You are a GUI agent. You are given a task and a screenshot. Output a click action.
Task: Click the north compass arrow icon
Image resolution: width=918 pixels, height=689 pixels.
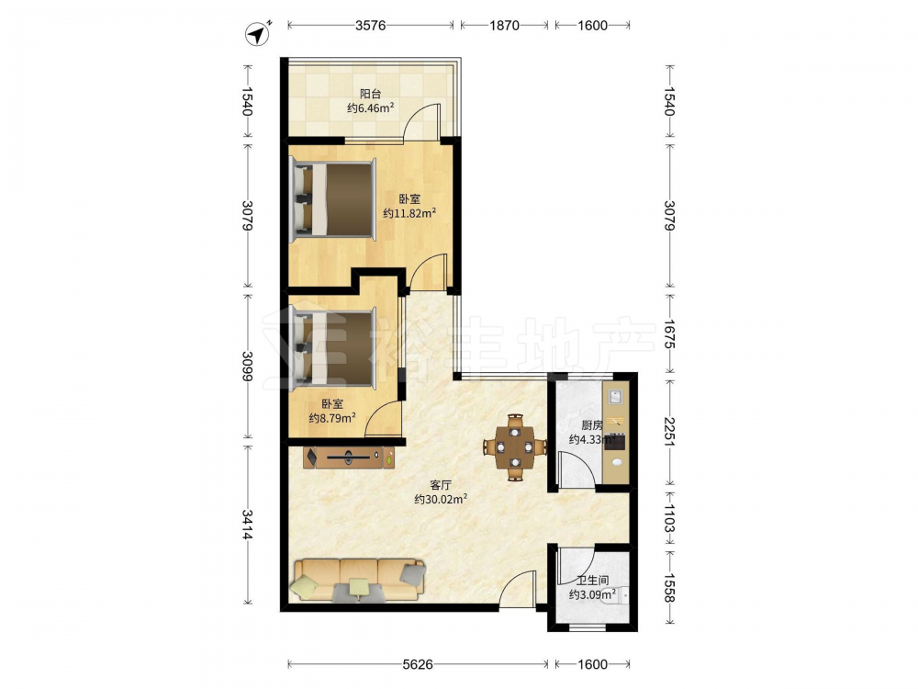[257, 33]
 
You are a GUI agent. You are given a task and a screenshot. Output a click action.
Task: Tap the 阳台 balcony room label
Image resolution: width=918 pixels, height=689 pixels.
[370, 94]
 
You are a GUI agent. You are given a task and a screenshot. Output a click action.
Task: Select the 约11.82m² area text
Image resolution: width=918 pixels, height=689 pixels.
[409, 214]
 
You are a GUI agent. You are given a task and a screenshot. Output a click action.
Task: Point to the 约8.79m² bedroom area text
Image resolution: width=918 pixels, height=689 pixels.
[332, 418]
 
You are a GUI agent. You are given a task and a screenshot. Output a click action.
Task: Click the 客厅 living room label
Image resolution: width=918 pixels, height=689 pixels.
[441, 485]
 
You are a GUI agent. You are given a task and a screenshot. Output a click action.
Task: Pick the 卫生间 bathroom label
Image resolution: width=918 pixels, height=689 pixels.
[592, 581]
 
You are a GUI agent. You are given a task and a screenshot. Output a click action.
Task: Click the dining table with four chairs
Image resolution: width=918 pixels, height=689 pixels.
[515, 447]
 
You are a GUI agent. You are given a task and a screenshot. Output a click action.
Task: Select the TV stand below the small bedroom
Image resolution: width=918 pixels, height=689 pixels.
[350, 457]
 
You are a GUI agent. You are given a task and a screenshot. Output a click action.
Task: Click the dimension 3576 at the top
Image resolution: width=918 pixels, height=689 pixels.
[370, 25]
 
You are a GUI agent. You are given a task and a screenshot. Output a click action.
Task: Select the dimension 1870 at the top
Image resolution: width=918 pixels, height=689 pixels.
[504, 25]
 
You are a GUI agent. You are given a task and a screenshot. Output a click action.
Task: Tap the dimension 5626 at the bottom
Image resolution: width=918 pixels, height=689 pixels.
[418, 664]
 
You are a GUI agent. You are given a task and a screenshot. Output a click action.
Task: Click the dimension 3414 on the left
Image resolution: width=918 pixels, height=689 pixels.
[248, 525]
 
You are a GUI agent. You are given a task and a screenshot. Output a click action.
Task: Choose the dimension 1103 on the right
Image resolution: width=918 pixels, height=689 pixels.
[670, 518]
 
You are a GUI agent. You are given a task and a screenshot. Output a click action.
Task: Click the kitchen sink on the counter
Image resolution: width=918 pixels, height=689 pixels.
[615, 397]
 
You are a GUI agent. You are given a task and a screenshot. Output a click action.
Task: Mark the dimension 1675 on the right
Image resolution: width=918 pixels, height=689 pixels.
[670, 334]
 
